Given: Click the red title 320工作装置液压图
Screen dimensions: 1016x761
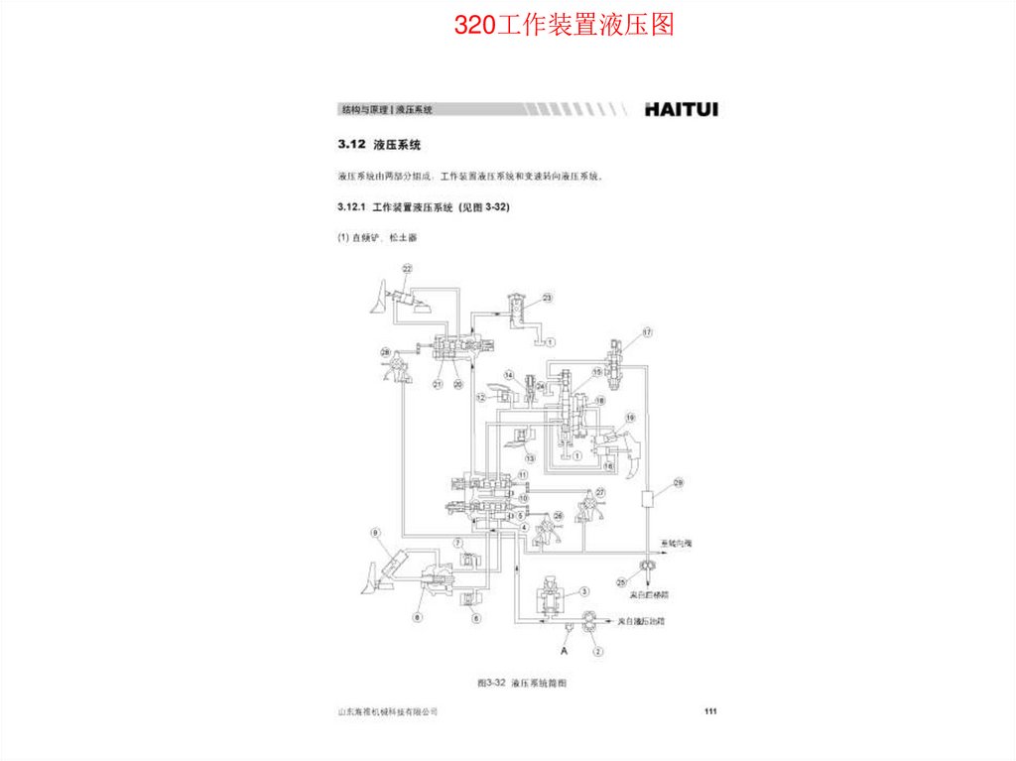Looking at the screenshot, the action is pyautogui.click(x=564, y=25).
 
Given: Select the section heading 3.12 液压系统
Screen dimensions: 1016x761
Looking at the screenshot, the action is pyautogui.click(x=380, y=145).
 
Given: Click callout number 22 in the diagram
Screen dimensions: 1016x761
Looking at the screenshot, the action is pyautogui.click(x=407, y=269).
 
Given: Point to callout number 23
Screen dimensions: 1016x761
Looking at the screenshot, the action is pyautogui.click(x=547, y=297).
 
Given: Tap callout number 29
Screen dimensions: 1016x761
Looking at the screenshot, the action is pyautogui.click(x=679, y=483).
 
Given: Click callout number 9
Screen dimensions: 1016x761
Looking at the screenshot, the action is pyautogui.click(x=376, y=533).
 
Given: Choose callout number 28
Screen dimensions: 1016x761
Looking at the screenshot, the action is pyautogui.click(x=385, y=352).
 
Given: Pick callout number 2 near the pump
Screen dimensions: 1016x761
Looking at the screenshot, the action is pyautogui.click(x=597, y=652).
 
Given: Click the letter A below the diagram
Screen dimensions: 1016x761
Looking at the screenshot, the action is pyautogui.click(x=564, y=652).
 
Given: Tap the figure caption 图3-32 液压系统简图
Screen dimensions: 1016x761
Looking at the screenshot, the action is pyautogui.click(x=522, y=683).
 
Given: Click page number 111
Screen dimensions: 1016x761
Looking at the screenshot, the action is pyautogui.click(x=709, y=711).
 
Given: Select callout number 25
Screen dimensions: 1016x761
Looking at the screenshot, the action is pyautogui.click(x=621, y=581).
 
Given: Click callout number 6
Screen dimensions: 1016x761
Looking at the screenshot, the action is pyautogui.click(x=475, y=618).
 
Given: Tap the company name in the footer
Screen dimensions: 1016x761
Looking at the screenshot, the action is pyautogui.click(x=388, y=712).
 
